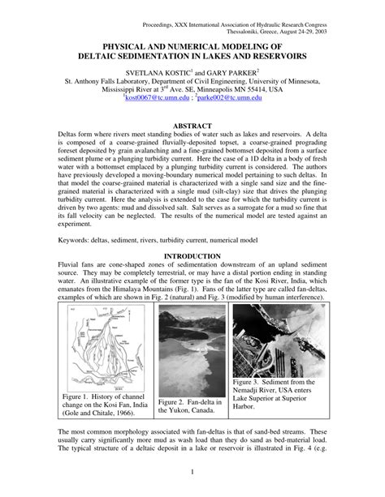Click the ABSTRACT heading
click(x=192, y=126)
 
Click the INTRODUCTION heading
click(x=192, y=255)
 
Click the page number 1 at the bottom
click(x=192, y=473)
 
